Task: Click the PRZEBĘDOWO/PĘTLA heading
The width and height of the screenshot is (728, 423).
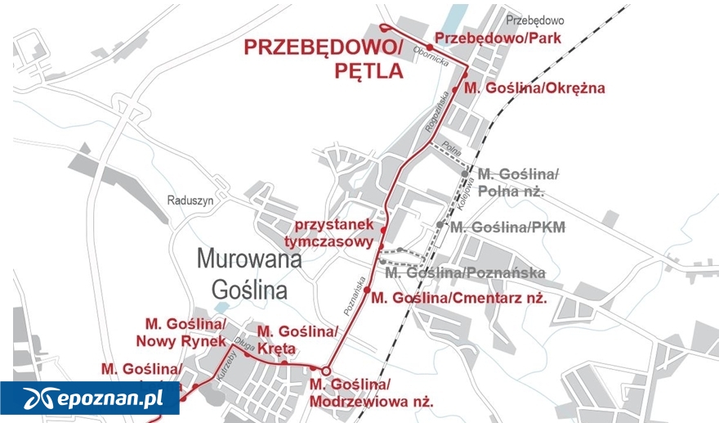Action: pyautogui.click(x=324, y=59)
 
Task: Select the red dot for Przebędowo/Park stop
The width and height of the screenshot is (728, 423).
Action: pyautogui.click(x=430, y=46)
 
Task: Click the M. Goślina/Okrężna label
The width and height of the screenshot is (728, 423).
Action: pyautogui.click(x=534, y=88)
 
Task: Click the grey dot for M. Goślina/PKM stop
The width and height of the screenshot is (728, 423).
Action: pyautogui.click(x=440, y=224)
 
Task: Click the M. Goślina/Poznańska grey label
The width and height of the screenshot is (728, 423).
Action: pyautogui.click(x=464, y=272)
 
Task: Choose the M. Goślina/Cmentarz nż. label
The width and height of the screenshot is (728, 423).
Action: pyautogui.click(x=458, y=297)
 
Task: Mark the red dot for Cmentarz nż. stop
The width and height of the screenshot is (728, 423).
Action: pyautogui.click(x=368, y=290)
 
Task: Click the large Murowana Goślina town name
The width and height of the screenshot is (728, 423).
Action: pyautogui.click(x=249, y=273)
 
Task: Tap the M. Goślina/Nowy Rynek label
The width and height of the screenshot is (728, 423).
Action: pyautogui.click(x=184, y=331)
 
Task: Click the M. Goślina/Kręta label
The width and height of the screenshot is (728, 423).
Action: pyautogui.click(x=297, y=340)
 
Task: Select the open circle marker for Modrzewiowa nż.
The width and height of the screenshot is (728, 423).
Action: pyautogui.click(x=326, y=371)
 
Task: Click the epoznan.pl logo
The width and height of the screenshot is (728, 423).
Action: pyautogui.click(x=90, y=398)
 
